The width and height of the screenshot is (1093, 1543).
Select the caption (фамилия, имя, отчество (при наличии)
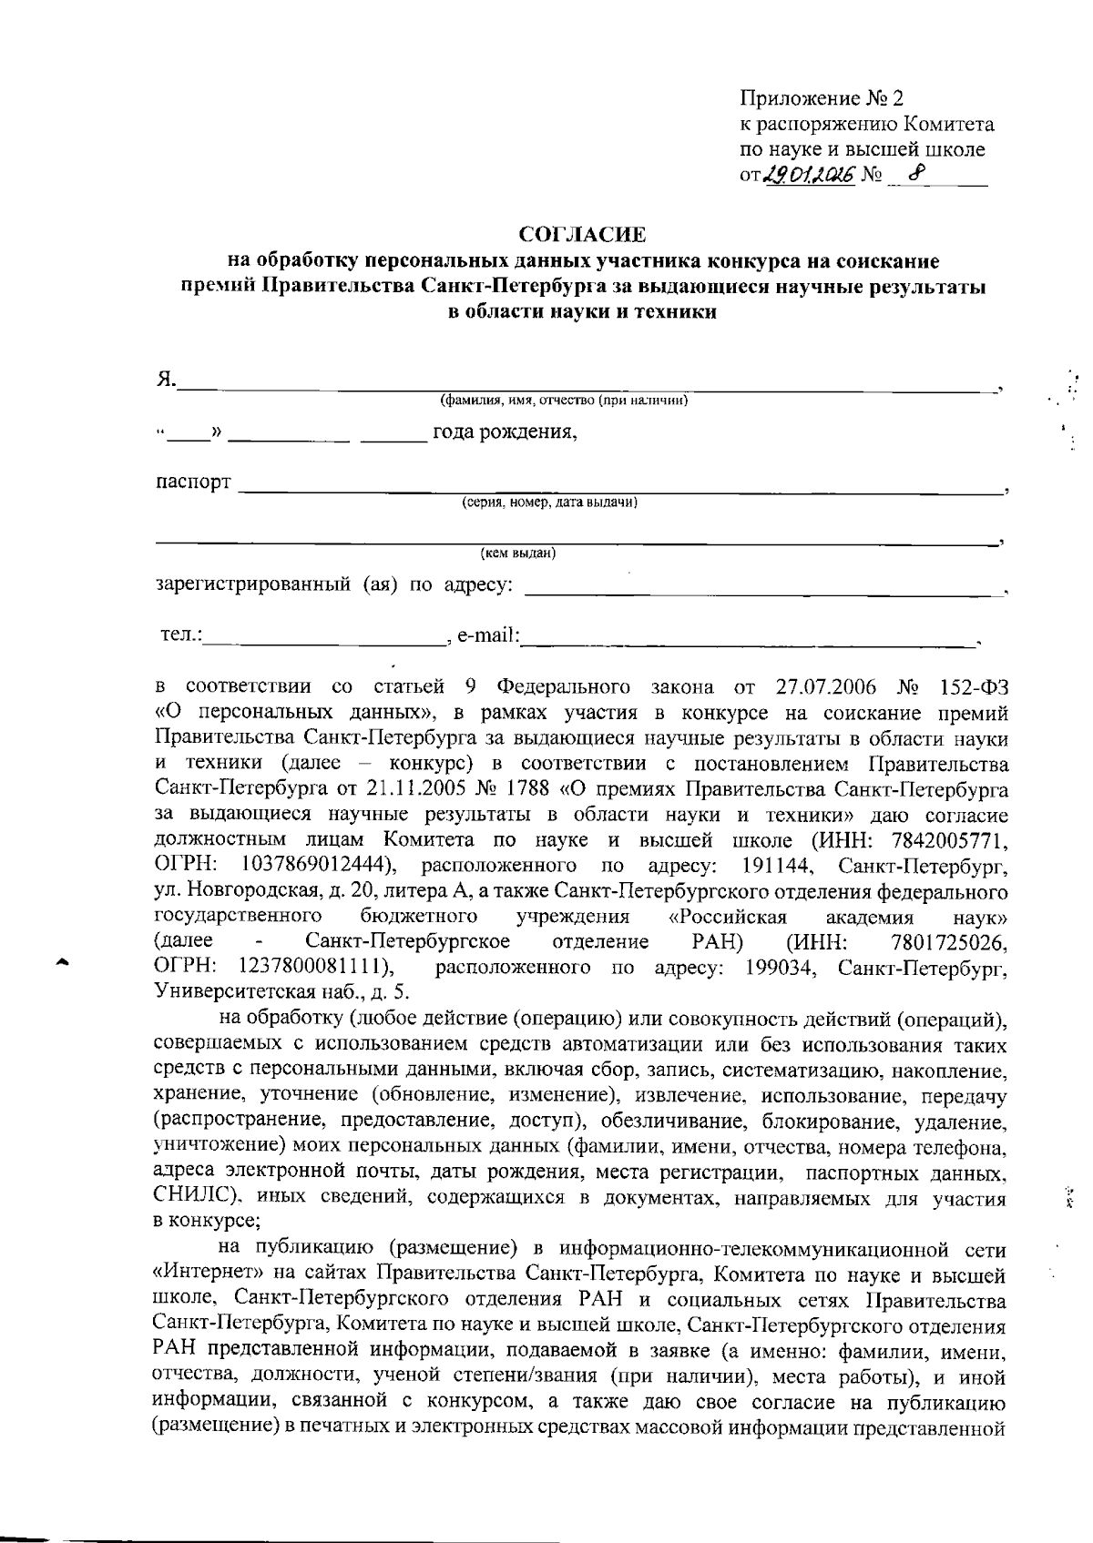click(563, 401)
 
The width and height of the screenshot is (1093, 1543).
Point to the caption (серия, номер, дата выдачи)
click(548, 502)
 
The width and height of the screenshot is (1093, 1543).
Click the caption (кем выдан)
click(518, 553)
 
